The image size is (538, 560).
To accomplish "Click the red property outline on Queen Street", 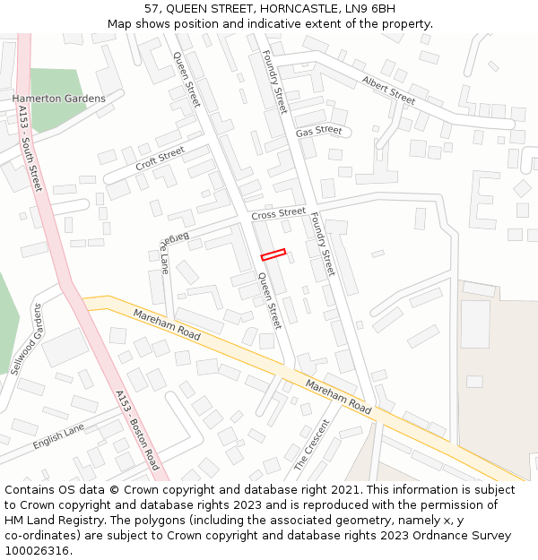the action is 273,254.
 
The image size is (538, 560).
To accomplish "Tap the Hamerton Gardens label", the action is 58,99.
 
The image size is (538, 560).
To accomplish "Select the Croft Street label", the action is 160,159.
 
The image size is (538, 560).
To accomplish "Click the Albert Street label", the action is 389,89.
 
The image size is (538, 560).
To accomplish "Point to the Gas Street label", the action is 319,131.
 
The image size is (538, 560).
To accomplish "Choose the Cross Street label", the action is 278,214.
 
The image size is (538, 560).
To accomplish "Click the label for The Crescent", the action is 312,445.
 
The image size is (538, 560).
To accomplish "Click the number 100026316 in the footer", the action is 38,550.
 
